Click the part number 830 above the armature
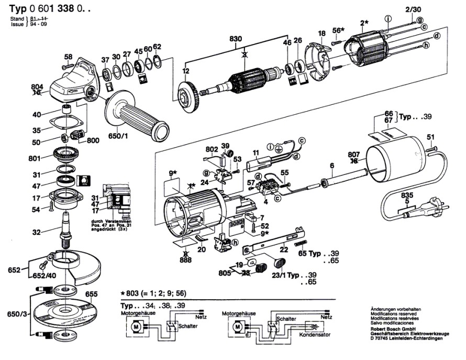click(x=236, y=38)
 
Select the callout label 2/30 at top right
click(x=413, y=9)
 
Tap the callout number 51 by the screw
click(x=430, y=137)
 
